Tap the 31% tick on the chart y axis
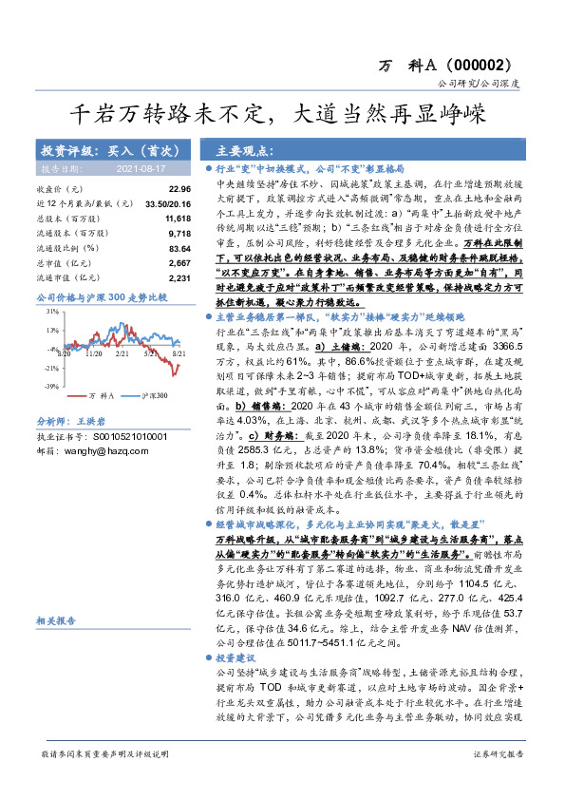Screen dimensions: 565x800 [x=53, y=311]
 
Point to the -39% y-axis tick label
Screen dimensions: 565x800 [x=52, y=387]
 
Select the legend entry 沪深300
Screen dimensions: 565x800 [x=154, y=394]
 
